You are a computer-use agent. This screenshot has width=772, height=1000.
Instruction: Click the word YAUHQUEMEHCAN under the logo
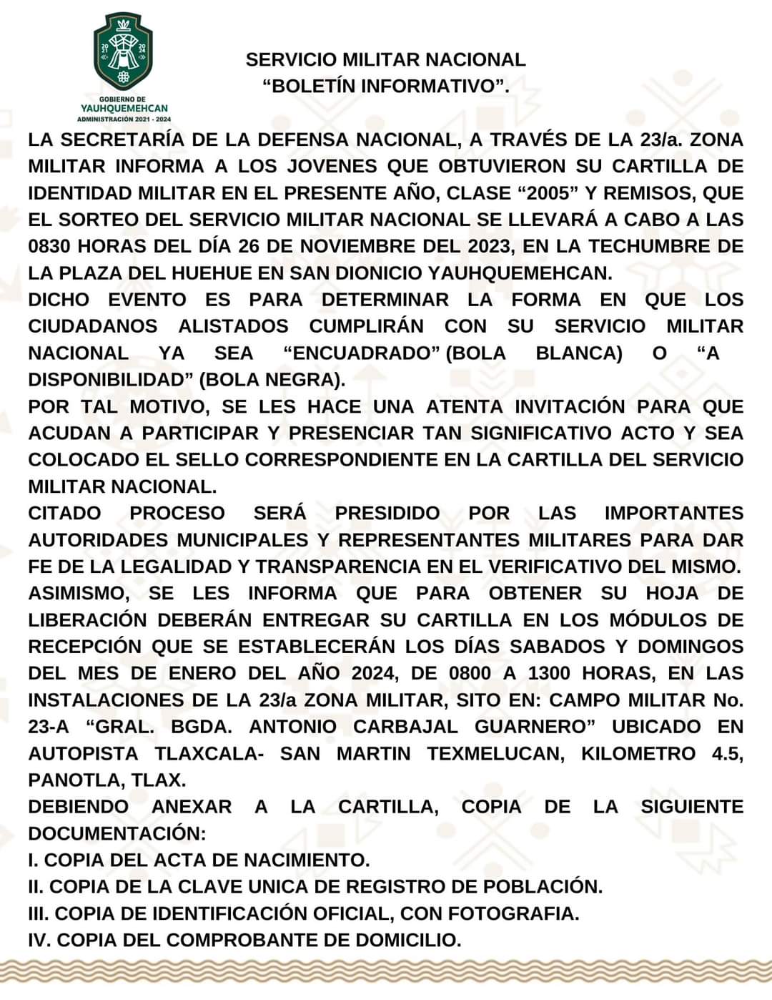[x=124, y=108]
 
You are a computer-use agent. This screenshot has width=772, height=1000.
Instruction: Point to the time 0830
[x=49, y=246]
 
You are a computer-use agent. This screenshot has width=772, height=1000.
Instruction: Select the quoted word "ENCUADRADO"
[x=360, y=353]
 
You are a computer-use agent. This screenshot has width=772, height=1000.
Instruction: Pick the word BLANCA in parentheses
[x=578, y=353]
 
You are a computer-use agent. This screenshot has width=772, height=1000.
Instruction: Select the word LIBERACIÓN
[x=87, y=619]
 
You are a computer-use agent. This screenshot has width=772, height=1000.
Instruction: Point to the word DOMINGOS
[x=690, y=647]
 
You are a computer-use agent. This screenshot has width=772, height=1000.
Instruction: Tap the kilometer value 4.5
[x=727, y=753]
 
